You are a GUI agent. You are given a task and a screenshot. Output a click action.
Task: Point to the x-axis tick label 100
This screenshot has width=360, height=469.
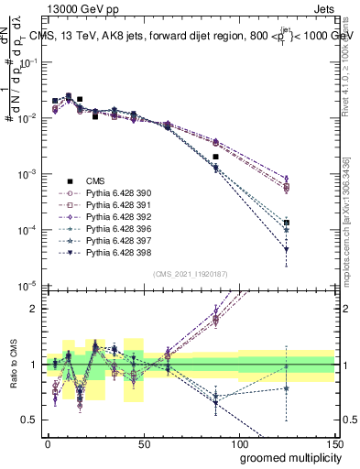click(x=239, y=442)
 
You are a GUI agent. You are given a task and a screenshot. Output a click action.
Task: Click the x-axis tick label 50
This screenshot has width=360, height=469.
click(x=144, y=442)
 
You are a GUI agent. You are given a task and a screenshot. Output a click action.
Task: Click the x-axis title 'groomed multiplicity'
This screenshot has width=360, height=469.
click(x=287, y=456)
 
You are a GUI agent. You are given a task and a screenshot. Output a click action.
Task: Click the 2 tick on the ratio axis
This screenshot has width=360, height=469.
click(x=35, y=309)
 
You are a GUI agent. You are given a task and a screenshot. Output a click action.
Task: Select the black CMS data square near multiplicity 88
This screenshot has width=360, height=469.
click(x=216, y=158)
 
